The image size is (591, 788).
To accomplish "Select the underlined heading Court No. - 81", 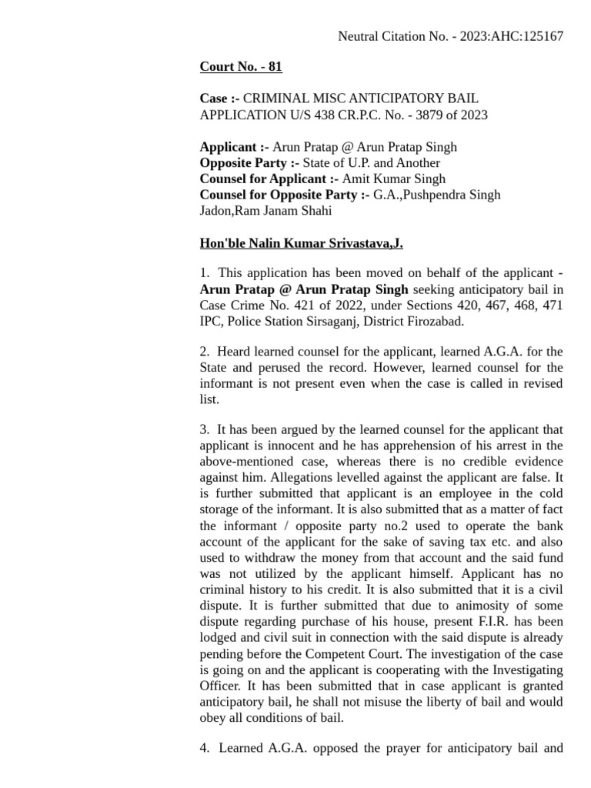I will pyautogui.click(x=241, y=67).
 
